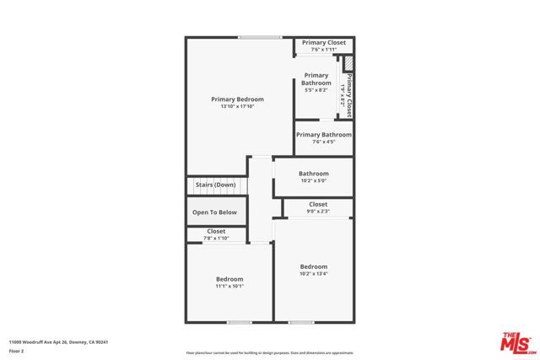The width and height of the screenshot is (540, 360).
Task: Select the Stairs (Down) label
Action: [215, 185]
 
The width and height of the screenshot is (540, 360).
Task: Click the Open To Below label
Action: [215, 212]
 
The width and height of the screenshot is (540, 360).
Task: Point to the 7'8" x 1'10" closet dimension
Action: [216, 239]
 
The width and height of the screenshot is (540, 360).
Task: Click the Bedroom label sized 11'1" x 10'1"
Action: [229, 279]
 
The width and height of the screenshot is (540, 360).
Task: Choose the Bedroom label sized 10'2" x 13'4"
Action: [313, 266]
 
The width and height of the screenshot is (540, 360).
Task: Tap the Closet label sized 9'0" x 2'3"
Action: [318, 204]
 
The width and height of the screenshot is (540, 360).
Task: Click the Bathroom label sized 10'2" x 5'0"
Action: [313, 174]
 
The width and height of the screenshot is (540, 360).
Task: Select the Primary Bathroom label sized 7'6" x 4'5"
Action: [324, 135]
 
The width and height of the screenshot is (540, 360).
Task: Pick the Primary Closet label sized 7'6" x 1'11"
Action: [324, 42]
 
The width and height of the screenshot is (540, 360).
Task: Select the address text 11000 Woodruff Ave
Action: [58, 341]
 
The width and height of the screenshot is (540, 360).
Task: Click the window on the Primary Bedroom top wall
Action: [259, 37]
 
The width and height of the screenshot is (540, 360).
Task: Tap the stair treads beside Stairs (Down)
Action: [242, 185]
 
